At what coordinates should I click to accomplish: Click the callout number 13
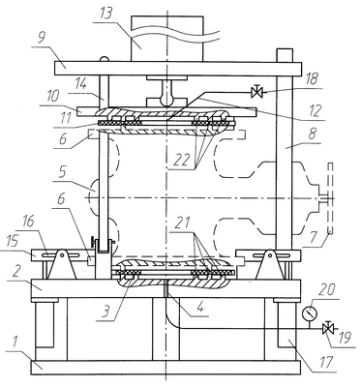coord(105,15)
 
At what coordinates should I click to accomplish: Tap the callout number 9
coord(42,39)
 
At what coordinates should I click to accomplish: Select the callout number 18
coord(311,79)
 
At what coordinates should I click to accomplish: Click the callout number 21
coord(183,223)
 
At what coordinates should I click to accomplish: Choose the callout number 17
coord(326,362)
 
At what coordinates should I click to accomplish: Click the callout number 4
coord(200,307)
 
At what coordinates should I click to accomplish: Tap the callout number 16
coord(29,223)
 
